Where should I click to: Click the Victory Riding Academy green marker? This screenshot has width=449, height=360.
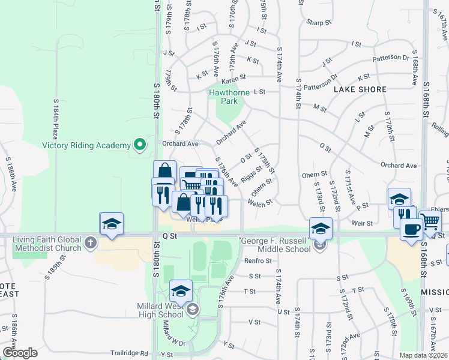[140, 145]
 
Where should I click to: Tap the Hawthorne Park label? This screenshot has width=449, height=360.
[223, 97]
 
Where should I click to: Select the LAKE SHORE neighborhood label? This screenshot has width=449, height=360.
[353, 89]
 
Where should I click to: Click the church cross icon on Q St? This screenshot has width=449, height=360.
[91, 242]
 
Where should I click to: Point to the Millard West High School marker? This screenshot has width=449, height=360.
[192, 310]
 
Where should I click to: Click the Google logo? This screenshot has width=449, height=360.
[19, 353]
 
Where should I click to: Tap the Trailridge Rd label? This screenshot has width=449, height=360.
[128, 353]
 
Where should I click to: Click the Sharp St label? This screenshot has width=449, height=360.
[319, 23]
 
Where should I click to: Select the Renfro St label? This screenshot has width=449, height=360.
[258, 261]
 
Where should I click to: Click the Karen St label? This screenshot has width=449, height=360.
[234, 79]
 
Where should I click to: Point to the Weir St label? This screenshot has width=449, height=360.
[364, 223]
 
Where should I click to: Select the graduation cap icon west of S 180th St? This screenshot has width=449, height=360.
[112, 224]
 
